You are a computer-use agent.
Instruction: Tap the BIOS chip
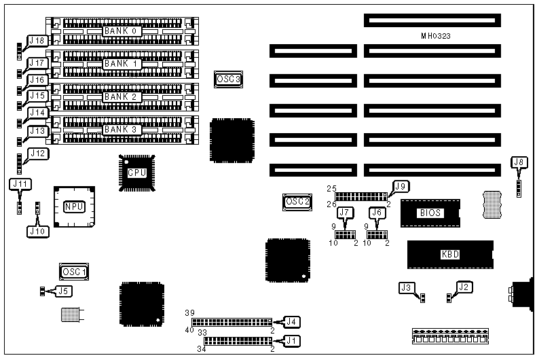tap(430, 213)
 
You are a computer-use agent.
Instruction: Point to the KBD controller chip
tap(449, 255)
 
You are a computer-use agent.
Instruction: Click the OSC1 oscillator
tap(74, 272)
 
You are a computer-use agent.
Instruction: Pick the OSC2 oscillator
tap(297, 201)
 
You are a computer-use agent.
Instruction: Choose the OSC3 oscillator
tap(228, 79)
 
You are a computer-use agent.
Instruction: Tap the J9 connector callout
tap(399, 185)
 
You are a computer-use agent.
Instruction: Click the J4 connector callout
tap(292, 321)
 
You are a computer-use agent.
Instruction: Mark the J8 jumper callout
tap(519, 162)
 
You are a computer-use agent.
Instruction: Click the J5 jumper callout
tap(62, 291)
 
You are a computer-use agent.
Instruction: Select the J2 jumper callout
tap(464, 287)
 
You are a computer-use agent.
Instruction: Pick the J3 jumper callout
tap(407, 287)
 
